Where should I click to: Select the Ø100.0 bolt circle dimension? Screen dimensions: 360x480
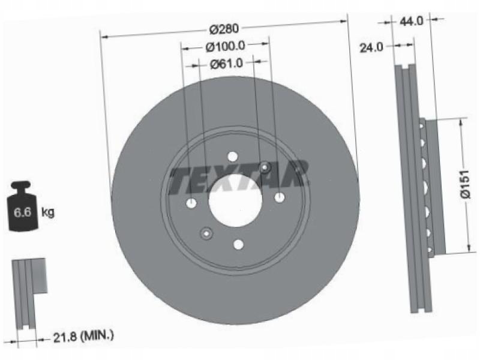point(226,46)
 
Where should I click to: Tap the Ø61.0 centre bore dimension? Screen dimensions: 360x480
point(226,63)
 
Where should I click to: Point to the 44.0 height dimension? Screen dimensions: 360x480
point(412,20)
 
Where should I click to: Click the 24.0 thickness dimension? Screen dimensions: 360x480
point(371,47)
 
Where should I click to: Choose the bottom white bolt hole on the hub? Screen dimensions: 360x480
point(238,244)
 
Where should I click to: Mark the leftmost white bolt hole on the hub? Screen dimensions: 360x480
point(191,203)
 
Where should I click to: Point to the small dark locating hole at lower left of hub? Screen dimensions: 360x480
point(206,233)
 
